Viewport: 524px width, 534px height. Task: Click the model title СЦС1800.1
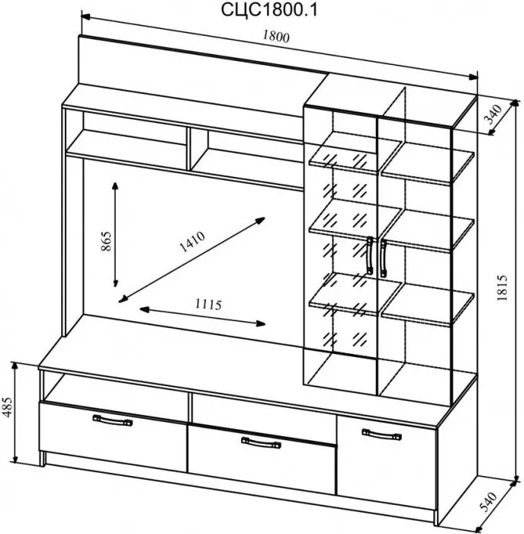point(269,10)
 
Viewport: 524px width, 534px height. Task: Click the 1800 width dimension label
point(276,37)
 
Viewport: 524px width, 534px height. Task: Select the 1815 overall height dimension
point(502,288)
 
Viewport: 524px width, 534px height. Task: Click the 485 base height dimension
point(8,407)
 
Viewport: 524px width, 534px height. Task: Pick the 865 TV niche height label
point(106,241)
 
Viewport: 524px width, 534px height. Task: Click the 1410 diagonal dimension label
point(192,242)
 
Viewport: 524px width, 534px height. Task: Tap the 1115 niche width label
point(208,304)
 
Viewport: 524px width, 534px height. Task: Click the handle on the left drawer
point(113,420)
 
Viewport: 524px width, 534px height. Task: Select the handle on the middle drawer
point(261,442)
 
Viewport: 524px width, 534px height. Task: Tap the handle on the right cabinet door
point(381,434)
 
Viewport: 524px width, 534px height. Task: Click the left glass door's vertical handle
point(370,256)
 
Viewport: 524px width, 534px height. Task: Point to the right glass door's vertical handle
point(384,258)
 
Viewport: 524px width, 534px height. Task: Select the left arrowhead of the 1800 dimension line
point(85,16)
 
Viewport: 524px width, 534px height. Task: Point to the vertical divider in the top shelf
point(188,149)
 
